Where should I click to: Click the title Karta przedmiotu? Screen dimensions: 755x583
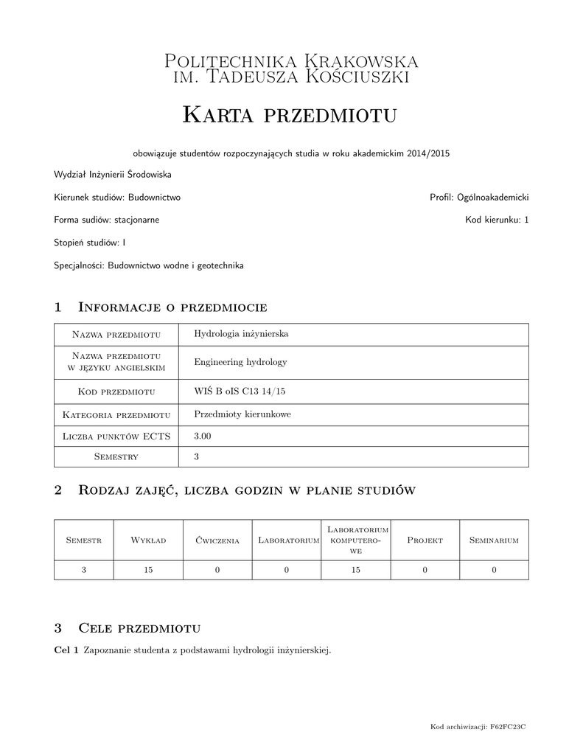pyautogui.click(x=290, y=114)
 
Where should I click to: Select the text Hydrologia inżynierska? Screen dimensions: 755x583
pyautogui.click(x=240, y=334)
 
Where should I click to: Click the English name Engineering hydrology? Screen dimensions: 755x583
pyautogui.click(x=240, y=362)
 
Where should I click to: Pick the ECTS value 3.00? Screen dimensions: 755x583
pyautogui.click(x=203, y=436)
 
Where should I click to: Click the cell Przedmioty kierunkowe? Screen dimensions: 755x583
pyautogui.click(x=242, y=414)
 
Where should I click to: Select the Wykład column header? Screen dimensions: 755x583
pyautogui.click(x=148, y=540)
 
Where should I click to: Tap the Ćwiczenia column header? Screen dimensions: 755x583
pyautogui.click(x=217, y=540)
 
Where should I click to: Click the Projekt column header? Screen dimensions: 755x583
pyautogui.click(x=425, y=540)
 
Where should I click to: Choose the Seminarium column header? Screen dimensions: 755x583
pyautogui.click(x=494, y=540)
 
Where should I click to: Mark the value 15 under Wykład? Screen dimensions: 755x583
pyautogui.click(x=148, y=570)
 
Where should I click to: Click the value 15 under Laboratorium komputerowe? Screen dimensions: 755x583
pyautogui.click(x=355, y=570)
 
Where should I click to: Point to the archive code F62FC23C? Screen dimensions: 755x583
pyautogui.click(x=509, y=728)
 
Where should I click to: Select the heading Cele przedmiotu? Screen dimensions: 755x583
pyautogui.click(x=139, y=628)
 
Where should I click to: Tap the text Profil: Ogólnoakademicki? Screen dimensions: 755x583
pyautogui.click(x=479, y=198)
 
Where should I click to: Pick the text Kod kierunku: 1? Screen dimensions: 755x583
pyautogui.click(x=497, y=220)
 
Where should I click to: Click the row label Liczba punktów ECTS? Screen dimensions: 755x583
pyautogui.click(x=116, y=436)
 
